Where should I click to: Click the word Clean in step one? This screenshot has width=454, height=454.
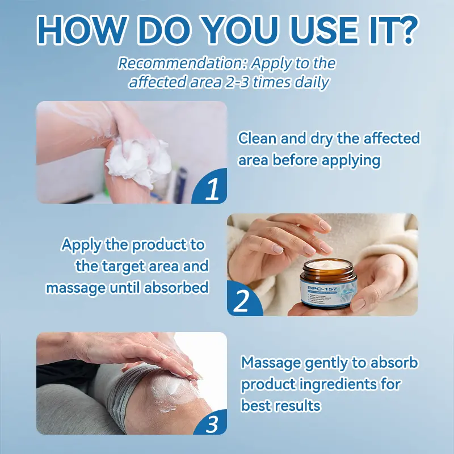[x=256, y=138]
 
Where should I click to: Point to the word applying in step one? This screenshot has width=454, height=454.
[x=351, y=161]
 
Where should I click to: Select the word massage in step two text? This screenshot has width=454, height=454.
[x=75, y=288]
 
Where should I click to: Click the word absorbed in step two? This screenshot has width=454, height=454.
[x=176, y=288]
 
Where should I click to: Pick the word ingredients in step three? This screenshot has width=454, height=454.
[x=339, y=384]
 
